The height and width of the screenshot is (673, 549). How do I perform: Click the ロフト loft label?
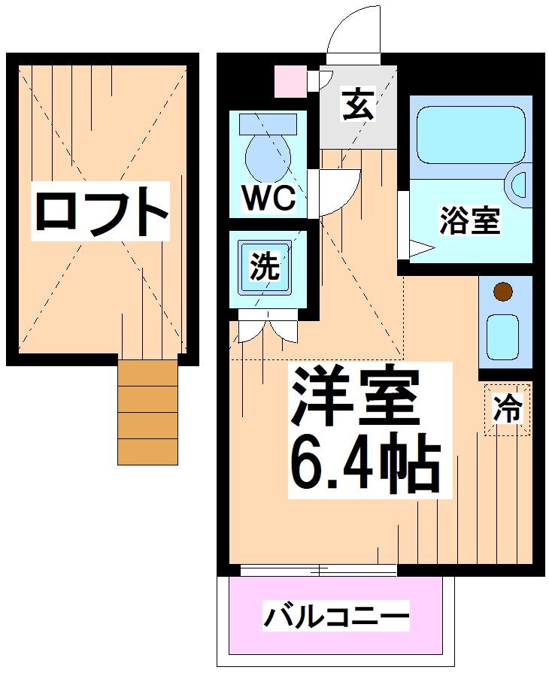pos(100,212)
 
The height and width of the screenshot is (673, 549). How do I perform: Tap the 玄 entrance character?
pos(357,105)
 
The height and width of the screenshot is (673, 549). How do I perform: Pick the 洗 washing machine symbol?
pos(265,267)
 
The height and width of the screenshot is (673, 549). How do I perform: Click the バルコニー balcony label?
pos(336,618)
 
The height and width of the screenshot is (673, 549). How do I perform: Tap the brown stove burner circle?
pos(503,290)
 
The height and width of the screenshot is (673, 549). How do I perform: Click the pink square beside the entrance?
pos(290,81)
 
